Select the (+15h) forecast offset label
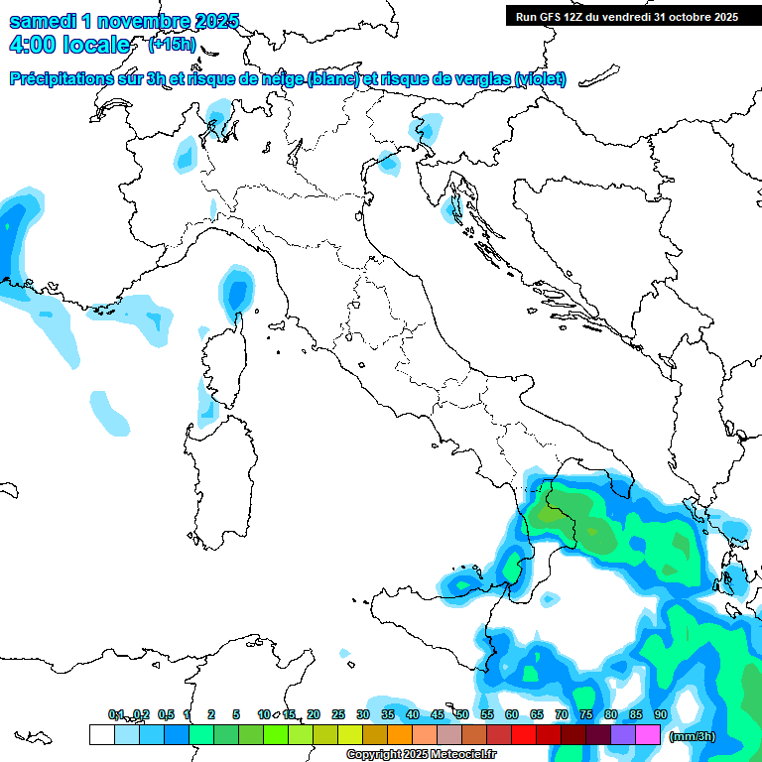pos(171,45)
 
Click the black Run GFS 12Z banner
pos(626,16)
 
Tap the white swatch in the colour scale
pos(101,734)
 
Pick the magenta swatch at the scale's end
pos(648,734)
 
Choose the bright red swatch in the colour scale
pos(523,734)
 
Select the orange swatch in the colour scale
pos(399,734)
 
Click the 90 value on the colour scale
pos(660,714)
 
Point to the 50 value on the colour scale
pos(461,714)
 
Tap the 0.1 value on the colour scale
pos(116,714)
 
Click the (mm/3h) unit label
pos(693,736)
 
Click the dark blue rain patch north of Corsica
pos(236,293)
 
